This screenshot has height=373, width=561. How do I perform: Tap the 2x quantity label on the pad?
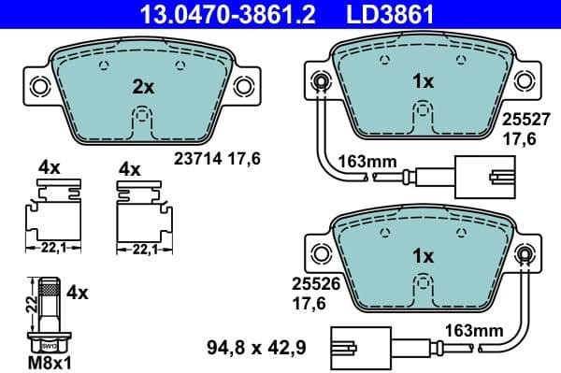click(x=142, y=87)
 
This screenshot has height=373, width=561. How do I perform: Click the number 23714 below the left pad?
click(x=193, y=160)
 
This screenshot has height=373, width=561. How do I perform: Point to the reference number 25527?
click(x=524, y=120)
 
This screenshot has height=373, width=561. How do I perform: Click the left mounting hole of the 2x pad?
click(x=39, y=87)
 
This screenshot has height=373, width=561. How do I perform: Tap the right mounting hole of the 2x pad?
click(x=246, y=87)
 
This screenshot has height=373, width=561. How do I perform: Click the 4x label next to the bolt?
click(x=79, y=293)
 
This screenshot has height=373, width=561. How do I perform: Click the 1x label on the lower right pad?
click(x=423, y=255)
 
